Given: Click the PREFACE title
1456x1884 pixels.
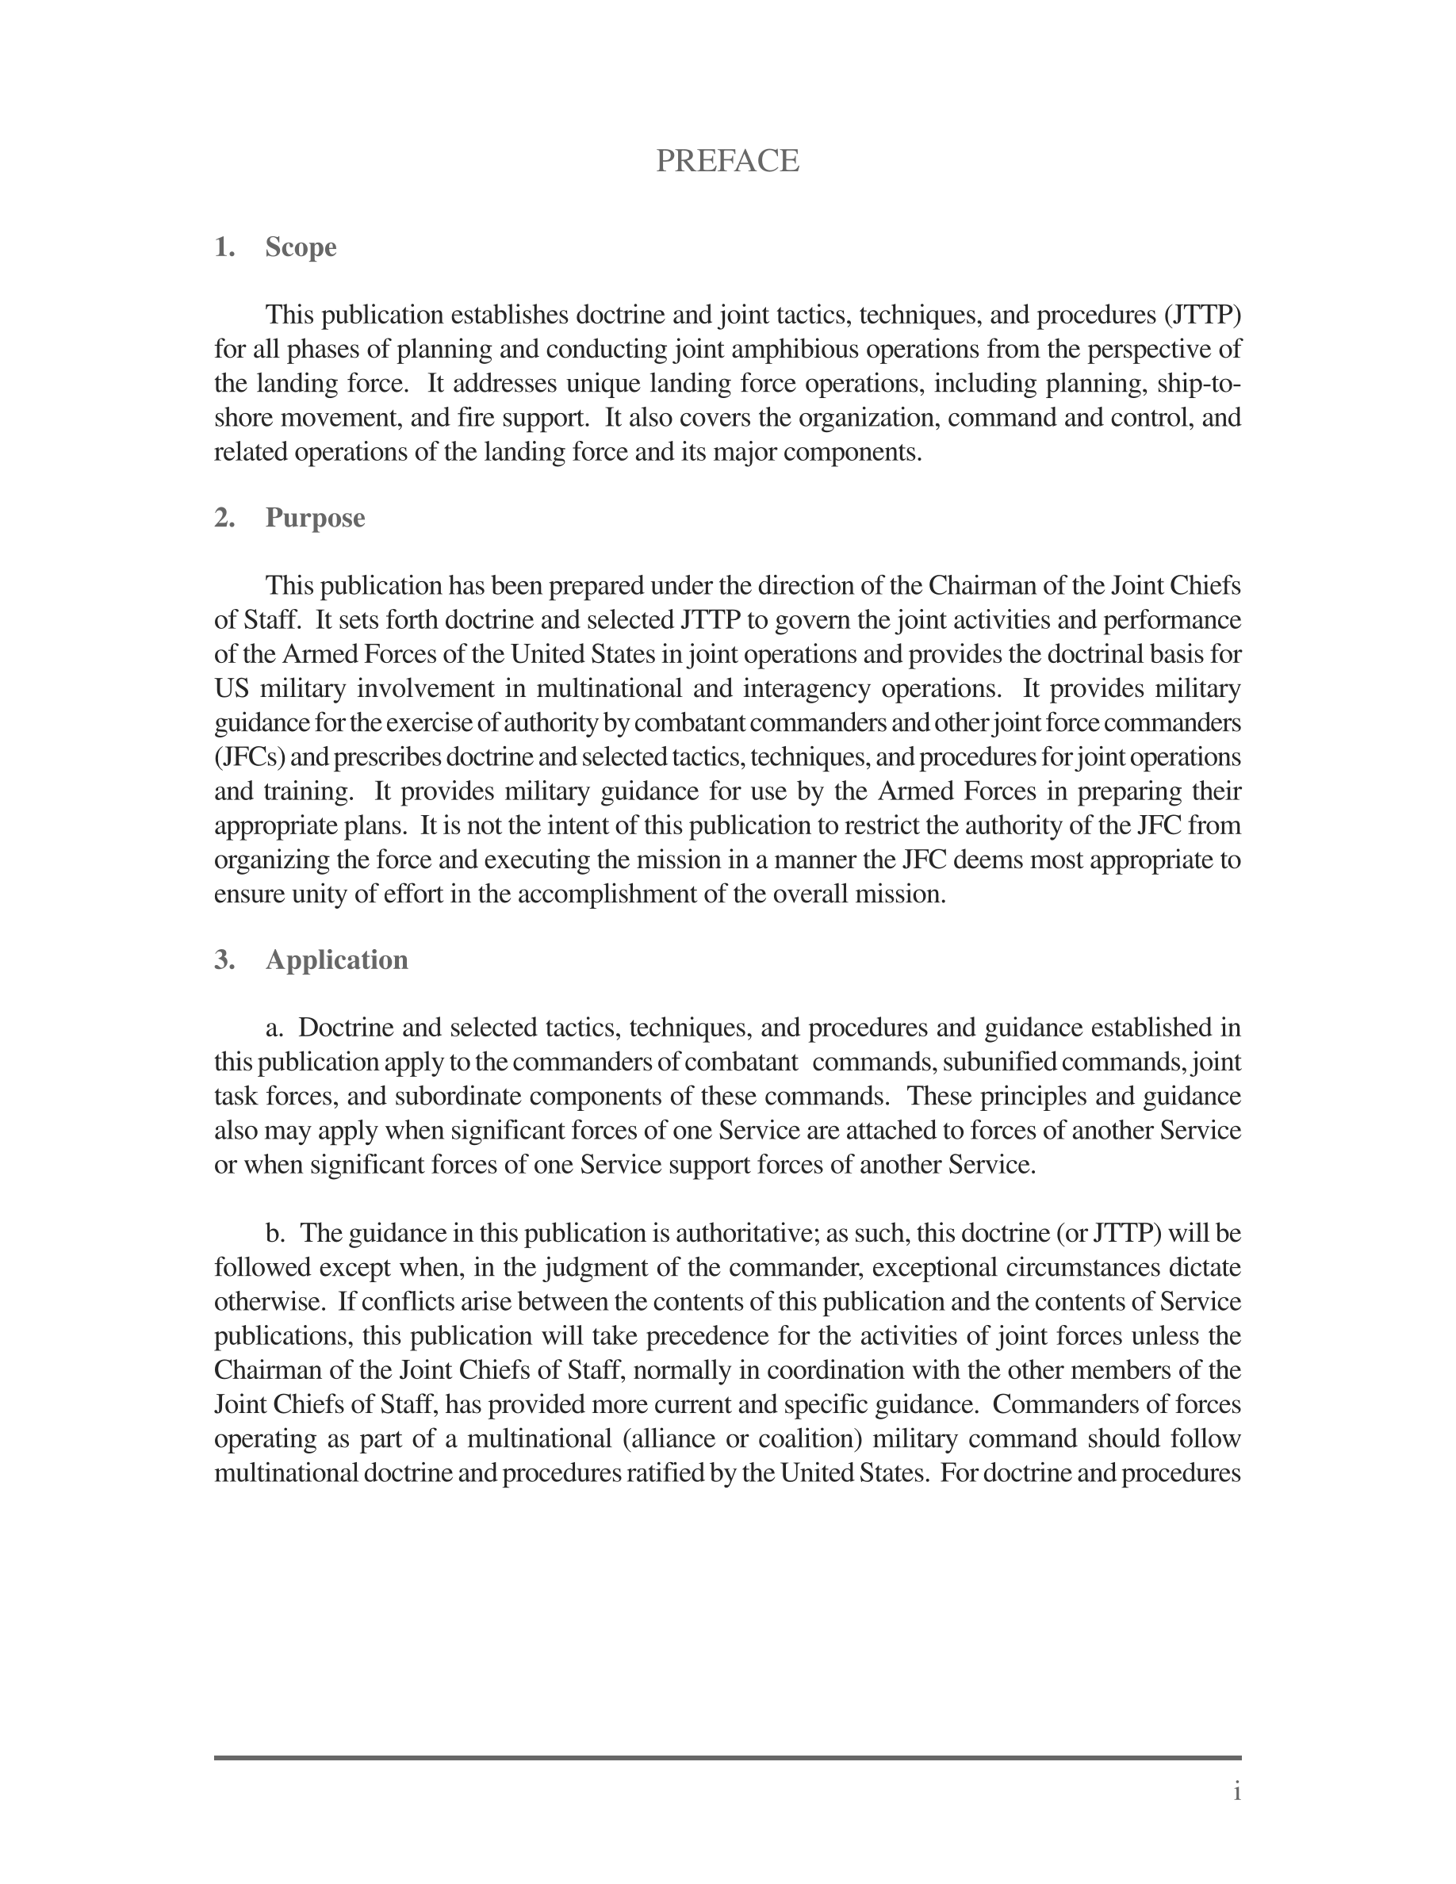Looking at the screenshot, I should [x=727, y=161].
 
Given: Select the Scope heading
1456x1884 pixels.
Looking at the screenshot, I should [x=301, y=247].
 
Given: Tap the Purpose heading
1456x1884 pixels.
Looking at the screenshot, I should [x=315, y=518].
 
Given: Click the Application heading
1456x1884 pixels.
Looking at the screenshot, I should [x=336, y=960].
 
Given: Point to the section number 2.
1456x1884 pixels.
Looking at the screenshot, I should [x=224, y=518].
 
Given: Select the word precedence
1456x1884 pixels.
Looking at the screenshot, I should [x=707, y=1336].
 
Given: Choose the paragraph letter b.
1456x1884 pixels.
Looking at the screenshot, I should [x=275, y=1234].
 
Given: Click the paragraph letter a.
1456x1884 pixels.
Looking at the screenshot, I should [x=275, y=1028].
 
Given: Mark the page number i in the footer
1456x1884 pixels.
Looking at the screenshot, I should [x=1237, y=1792].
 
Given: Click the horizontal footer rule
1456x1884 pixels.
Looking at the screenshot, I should [x=727, y=1757].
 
